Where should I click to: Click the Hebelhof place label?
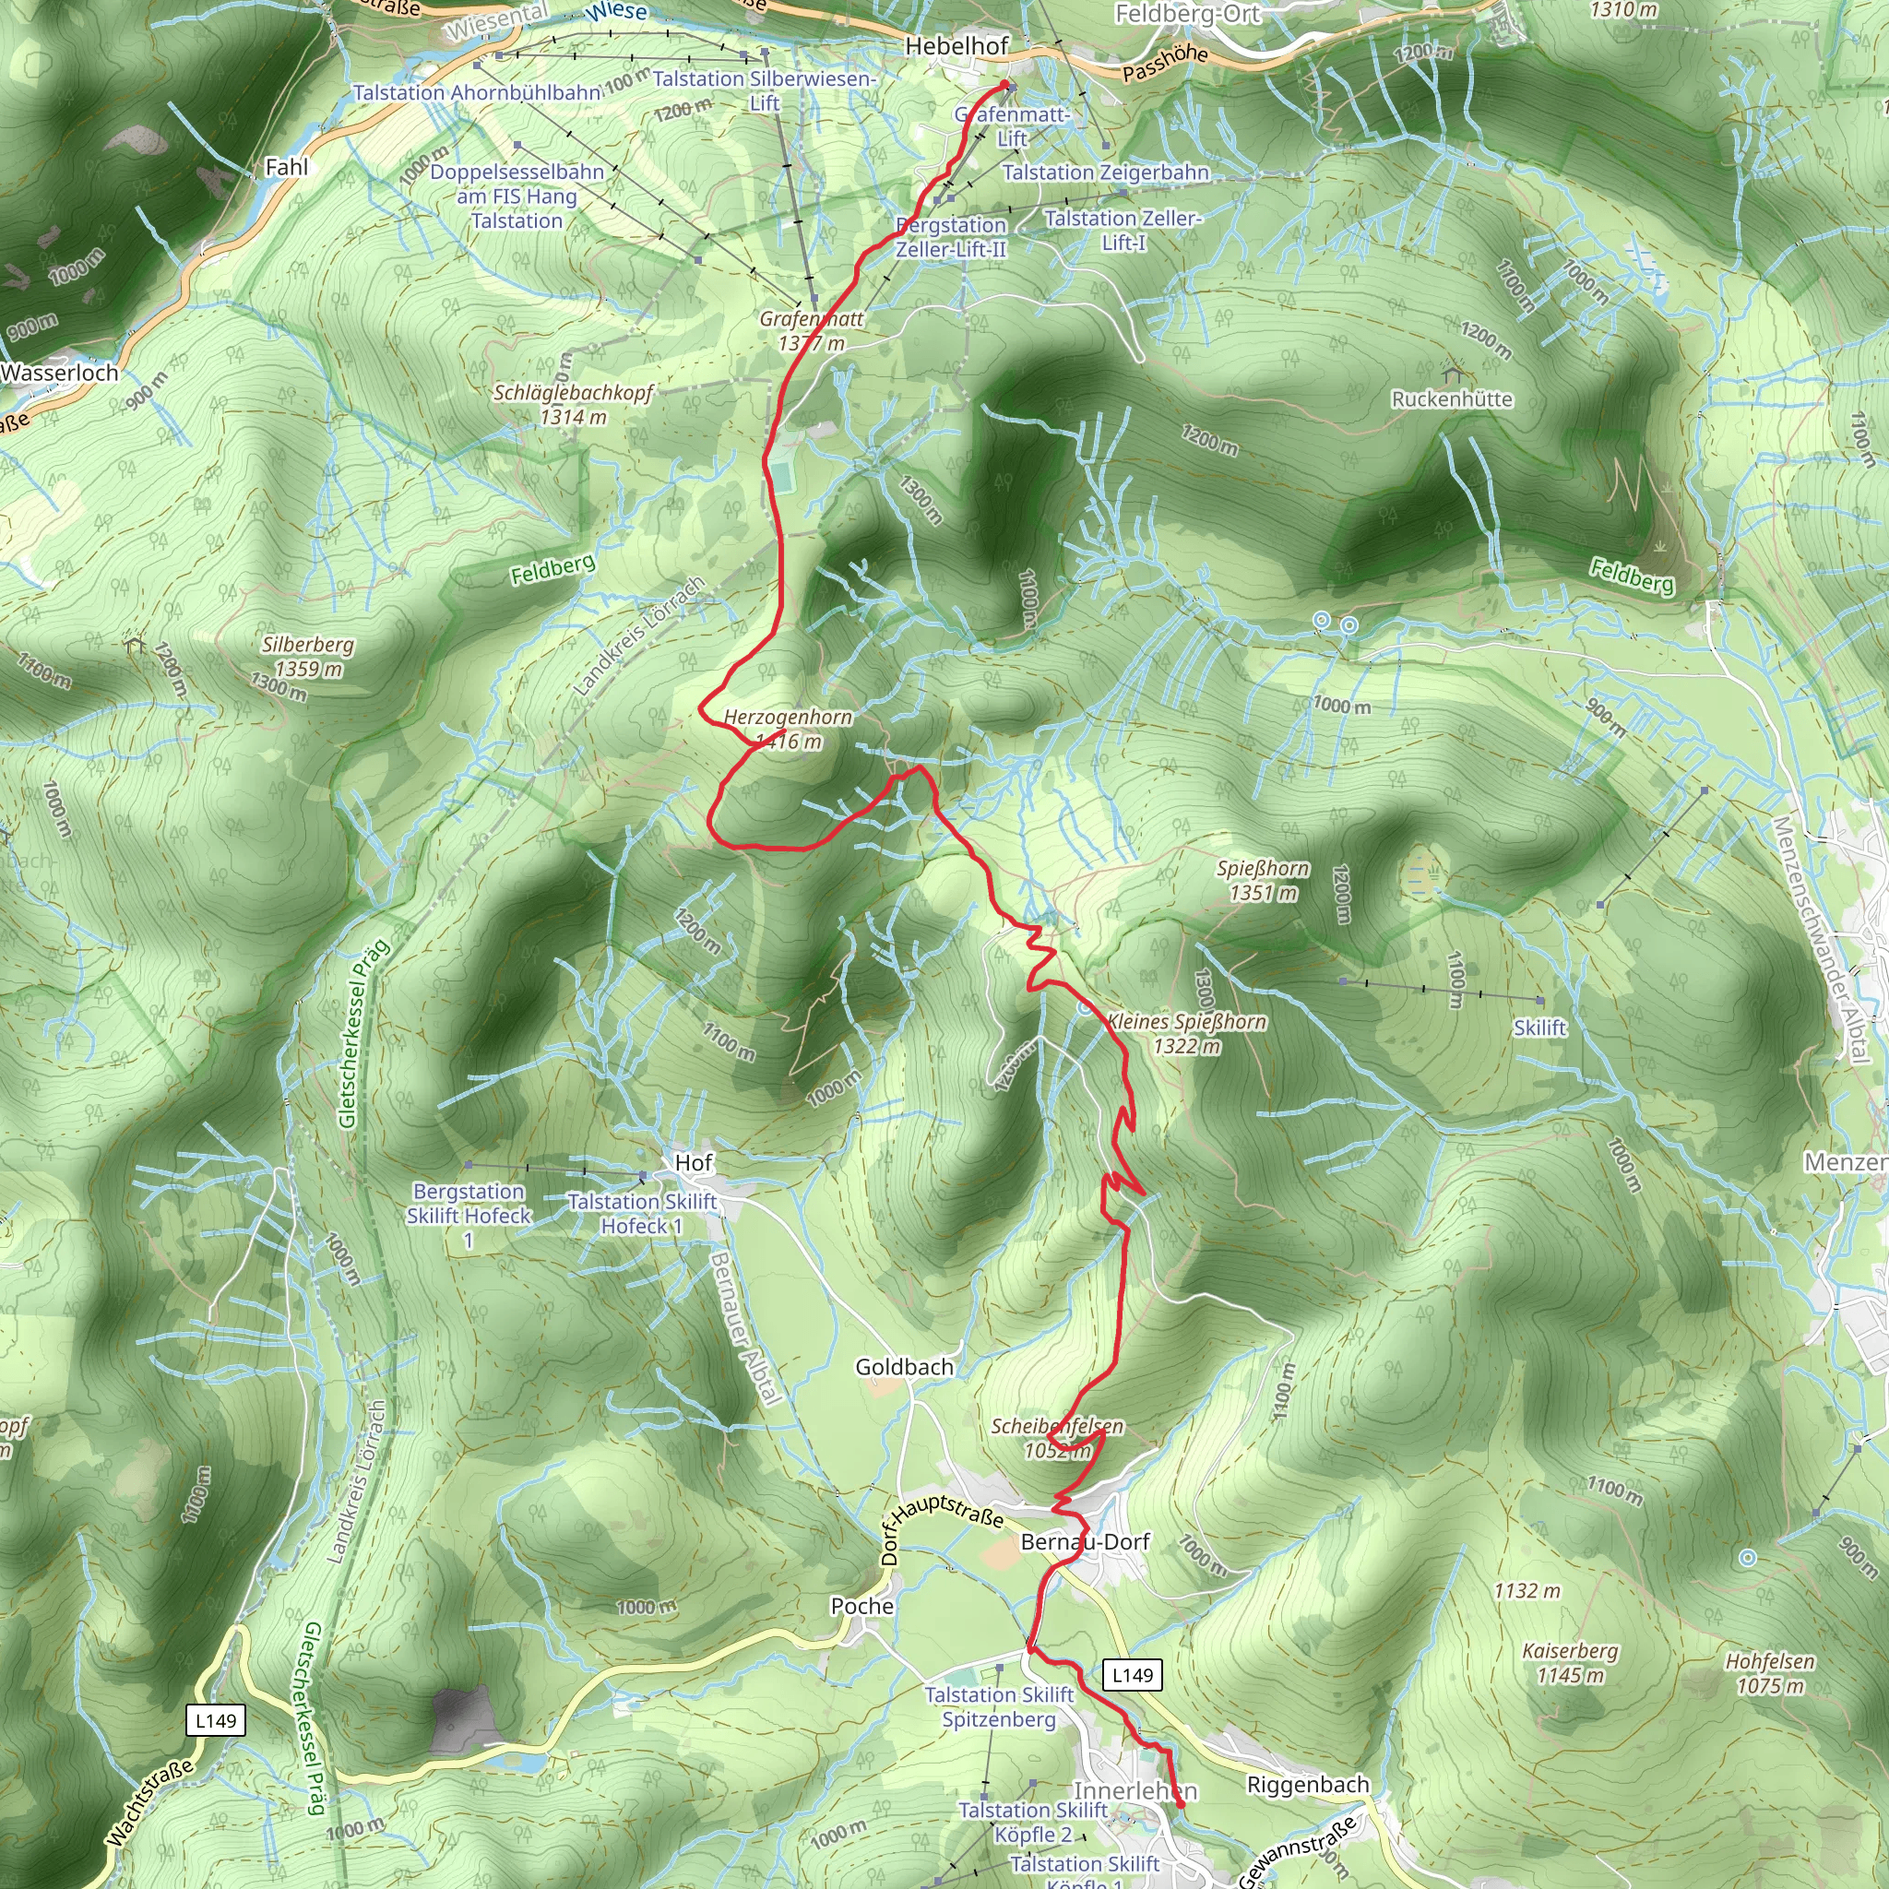[956, 46]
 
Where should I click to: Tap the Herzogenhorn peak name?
[788, 718]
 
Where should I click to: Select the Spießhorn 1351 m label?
[1263, 880]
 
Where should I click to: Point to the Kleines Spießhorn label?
[1186, 1023]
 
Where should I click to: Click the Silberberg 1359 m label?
[308, 657]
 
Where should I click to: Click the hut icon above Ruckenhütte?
[1452, 373]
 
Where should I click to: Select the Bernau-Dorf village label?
[1086, 1542]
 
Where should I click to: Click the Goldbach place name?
[903, 1367]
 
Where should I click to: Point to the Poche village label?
[861, 1607]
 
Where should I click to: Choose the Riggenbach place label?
[1307, 1785]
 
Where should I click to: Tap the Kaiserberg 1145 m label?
[1570, 1662]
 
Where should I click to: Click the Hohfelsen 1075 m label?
[1770, 1673]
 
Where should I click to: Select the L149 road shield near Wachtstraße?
[215, 1721]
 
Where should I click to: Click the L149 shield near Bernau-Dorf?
[1133, 1675]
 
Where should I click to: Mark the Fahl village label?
[287, 167]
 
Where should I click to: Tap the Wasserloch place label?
[60, 373]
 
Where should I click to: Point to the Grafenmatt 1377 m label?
[811, 330]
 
